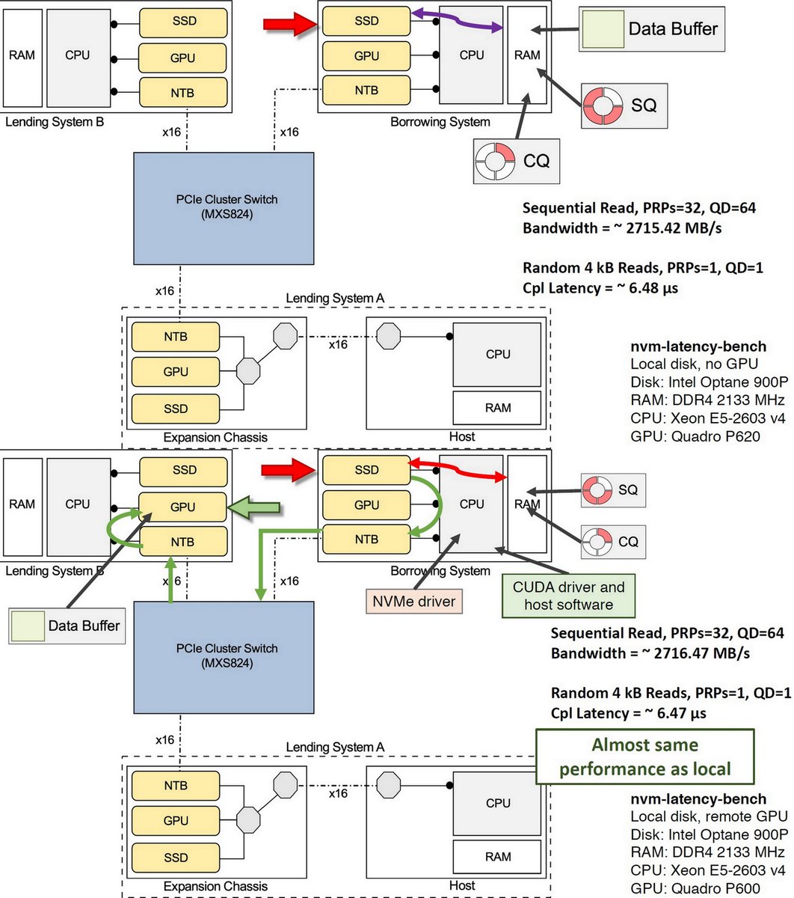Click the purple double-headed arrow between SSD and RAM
click(x=456, y=19)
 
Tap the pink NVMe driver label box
click(x=414, y=601)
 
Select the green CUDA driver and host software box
click(x=569, y=596)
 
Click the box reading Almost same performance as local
click(x=644, y=757)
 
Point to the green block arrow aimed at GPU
click(x=253, y=507)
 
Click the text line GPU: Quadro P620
click(x=695, y=436)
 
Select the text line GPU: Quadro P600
click(x=695, y=889)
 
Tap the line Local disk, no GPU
click(x=694, y=364)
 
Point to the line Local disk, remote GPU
click(x=709, y=816)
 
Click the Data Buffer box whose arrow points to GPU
click(x=67, y=626)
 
